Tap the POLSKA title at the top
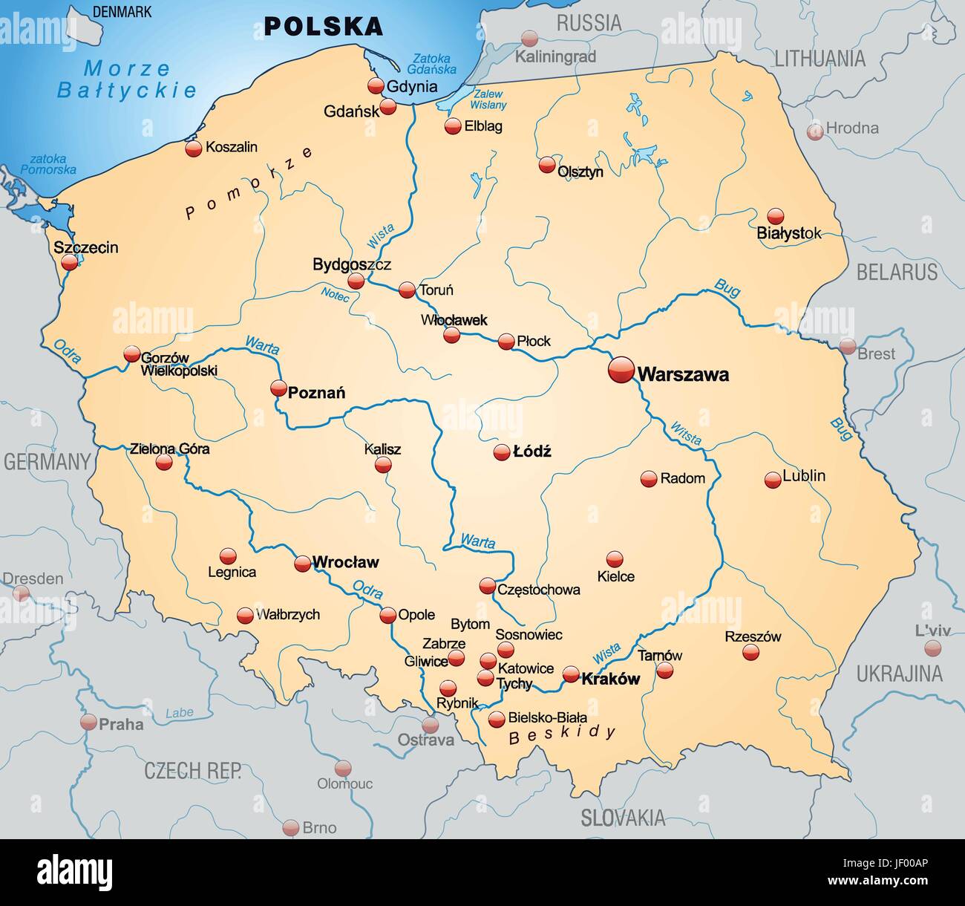pyautogui.click(x=324, y=27)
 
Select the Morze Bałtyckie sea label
pyautogui.click(x=127, y=79)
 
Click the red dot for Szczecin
pyautogui.click(x=70, y=262)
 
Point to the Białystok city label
pyautogui.click(x=788, y=233)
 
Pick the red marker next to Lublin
pyautogui.click(x=773, y=480)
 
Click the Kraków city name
pyautogui.click(x=610, y=679)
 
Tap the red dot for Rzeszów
pyautogui.click(x=751, y=652)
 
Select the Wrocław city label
pyautogui.click(x=345, y=562)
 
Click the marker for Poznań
pyautogui.click(x=278, y=388)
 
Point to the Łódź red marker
pyautogui.click(x=502, y=452)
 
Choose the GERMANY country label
pyautogui.click(x=47, y=462)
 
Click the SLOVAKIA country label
pyautogui.click(x=623, y=818)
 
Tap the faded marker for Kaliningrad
pyautogui.click(x=529, y=39)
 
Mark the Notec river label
pyautogui.click(x=335, y=294)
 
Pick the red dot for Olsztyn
pyautogui.click(x=547, y=165)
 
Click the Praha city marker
pyautogui.click(x=89, y=722)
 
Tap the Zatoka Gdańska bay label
pyautogui.click(x=434, y=64)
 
